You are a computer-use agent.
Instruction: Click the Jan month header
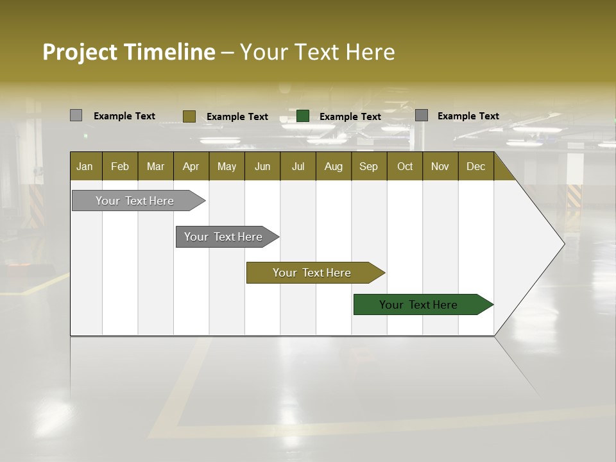[x=85, y=166]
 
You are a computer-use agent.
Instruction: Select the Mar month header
[x=155, y=166]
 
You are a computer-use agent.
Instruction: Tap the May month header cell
[x=227, y=166]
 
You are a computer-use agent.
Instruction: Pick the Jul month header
[x=298, y=166]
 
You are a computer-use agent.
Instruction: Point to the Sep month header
[x=368, y=166]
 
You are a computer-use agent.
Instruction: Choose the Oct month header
[x=405, y=166]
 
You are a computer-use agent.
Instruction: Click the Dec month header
[x=475, y=166]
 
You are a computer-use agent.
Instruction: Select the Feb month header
[x=120, y=166]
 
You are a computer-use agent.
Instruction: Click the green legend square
[x=303, y=116]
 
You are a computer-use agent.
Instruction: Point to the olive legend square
[x=189, y=116]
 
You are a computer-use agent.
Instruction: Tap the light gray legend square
[x=76, y=116]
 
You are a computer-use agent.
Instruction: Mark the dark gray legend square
[x=422, y=116]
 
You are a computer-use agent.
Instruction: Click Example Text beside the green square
[x=350, y=117]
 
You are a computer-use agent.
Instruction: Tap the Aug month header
[x=333, y=166]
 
